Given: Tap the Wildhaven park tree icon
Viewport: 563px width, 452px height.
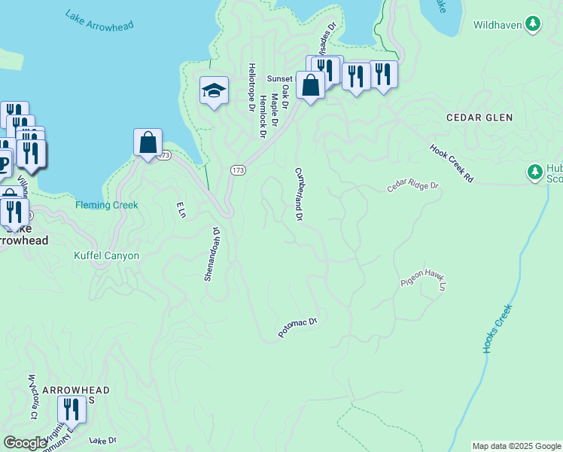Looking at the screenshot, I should tap(534, 25).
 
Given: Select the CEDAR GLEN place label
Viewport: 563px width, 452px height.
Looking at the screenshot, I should tap(479, 118).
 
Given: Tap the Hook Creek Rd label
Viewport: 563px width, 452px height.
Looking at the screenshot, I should tap(452, 163).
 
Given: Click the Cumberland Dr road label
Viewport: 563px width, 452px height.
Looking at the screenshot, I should tap(299, 194).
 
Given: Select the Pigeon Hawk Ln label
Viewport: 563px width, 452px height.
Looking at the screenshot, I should tap(424, 279).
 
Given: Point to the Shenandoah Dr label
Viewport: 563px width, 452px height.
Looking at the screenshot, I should tap(212, 254).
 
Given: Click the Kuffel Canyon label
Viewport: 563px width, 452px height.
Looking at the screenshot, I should tap(106, 256).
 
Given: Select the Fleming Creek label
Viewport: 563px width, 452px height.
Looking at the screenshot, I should tap(106, 205).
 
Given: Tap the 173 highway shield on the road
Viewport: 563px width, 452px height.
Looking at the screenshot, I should tap(238, 171).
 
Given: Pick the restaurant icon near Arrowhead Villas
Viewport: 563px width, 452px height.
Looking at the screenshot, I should tap(70, 409).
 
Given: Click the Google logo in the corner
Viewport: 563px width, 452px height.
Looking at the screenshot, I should tap(25, 443).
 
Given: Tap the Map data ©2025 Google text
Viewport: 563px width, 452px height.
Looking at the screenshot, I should tap(516, 446).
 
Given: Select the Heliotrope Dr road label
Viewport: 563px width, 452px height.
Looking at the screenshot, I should tap(251, 87).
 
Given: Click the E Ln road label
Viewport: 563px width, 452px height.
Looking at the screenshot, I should tap(180, 209).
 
